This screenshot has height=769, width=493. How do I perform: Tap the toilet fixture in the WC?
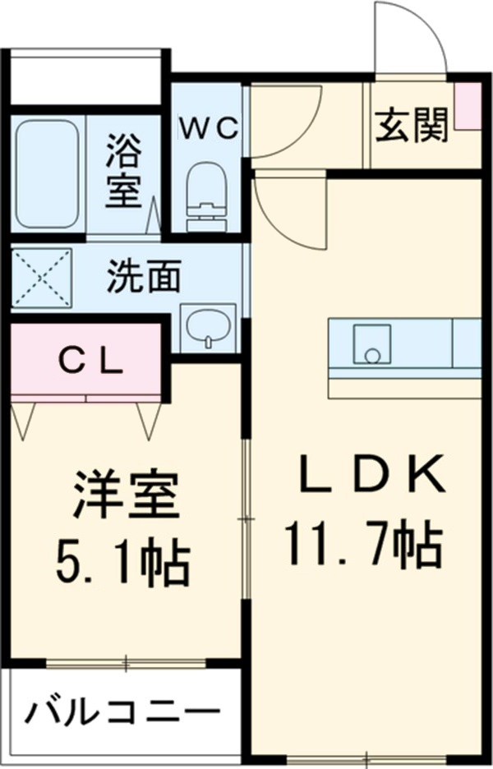coord(205,197)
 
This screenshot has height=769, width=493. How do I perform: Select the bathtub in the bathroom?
coord(48,174)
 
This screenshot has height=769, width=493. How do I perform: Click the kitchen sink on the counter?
coord(372,343)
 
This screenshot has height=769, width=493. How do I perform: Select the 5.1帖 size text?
coord(123,562)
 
